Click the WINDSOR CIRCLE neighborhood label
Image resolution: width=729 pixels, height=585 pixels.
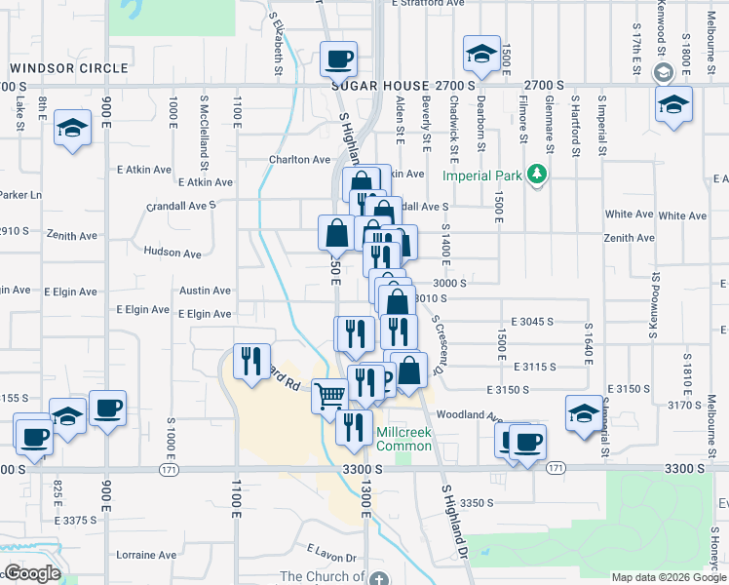[x=69, y=68]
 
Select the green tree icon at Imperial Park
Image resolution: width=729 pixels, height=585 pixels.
[x=535, y=175]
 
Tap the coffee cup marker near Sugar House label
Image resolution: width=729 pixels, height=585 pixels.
[x=339, y=58]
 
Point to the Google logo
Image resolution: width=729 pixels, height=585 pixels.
[x=31, y=573]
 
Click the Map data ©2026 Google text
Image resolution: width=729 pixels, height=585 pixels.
[x=669, y=577]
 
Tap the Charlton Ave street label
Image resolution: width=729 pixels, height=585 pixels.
[x=300, y=160]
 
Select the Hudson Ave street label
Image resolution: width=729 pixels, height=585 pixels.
[x=172, y=253]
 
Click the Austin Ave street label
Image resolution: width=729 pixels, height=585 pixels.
[x=205, y=291]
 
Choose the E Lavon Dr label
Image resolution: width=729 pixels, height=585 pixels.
[x=330, y=558]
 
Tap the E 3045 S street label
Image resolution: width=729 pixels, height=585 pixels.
[x=532, y=321]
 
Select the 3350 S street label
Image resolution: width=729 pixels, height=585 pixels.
[x=478, y=503]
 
